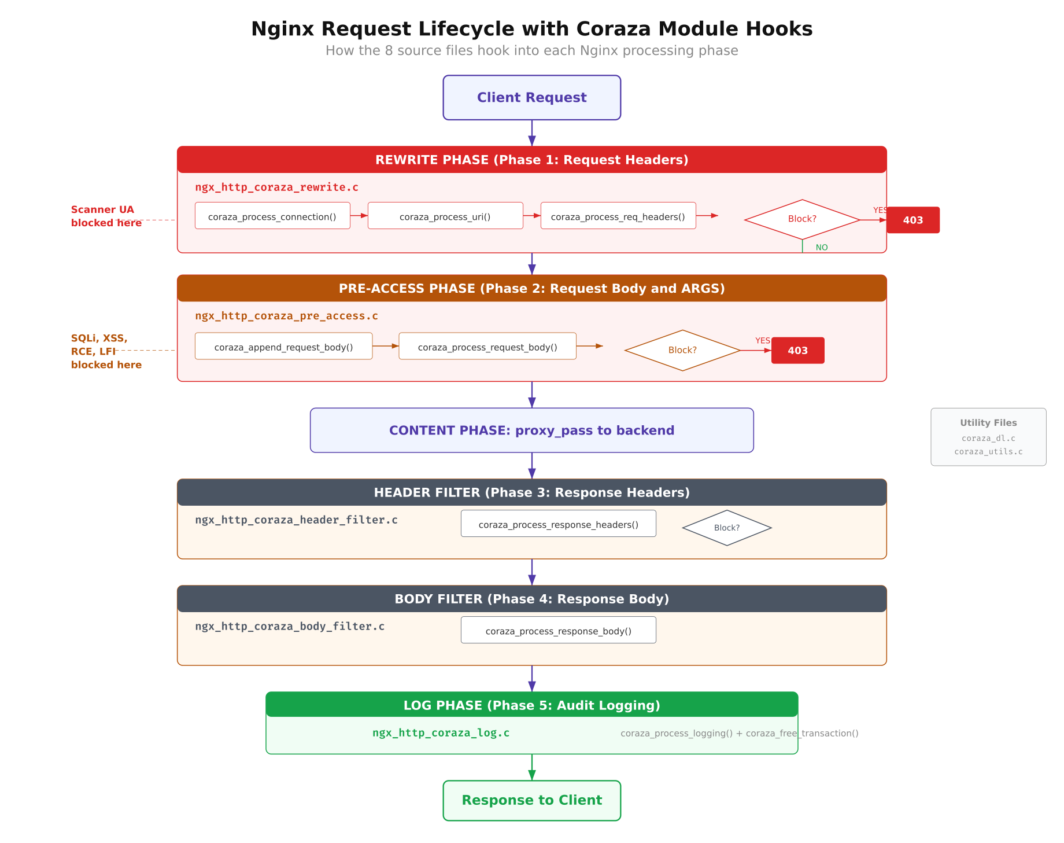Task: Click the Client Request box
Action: click(x=531, y=98)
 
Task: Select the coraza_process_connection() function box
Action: click(x=272, y=216)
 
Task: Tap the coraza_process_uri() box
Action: click(x=445, y=216)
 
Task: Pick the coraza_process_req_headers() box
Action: click(x=618, y=216)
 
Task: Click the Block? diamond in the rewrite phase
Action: click(x=802, y=219)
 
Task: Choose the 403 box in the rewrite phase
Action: click(x=912, y=220)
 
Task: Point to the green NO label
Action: click(x=821, y=248)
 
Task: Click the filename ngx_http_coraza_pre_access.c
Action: click(x=286, y=316)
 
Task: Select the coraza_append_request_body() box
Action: click(x=283, y=347)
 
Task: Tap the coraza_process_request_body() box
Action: click(x=487, y=347)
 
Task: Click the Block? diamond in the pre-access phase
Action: click(x=682, y=350)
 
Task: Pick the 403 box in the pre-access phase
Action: click(x=797, y=351)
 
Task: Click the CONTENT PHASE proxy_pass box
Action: click(x=531, y=430)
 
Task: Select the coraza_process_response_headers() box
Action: click(x=558, y=524)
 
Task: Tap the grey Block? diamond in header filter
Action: click(x=726, y=528)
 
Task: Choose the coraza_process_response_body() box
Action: click(x=558, y=630)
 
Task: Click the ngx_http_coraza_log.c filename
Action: click(x=441, y=733)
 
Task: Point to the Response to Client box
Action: click(x=531, y=800)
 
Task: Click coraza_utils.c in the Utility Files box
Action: click(x=988, y=452)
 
